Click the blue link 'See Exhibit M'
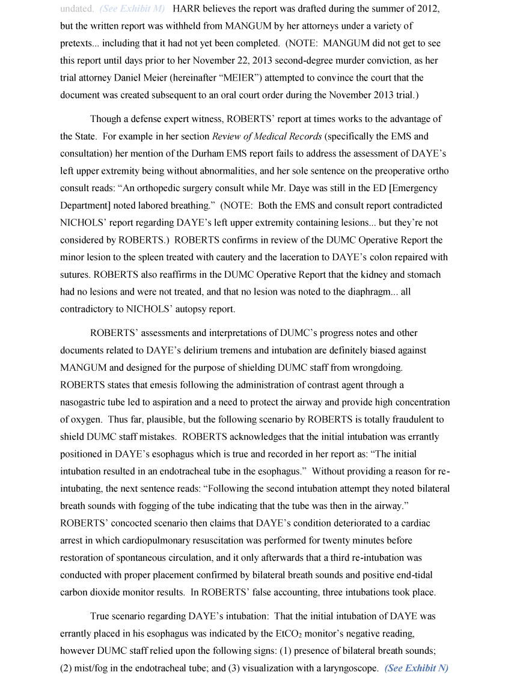(x=132, y=9)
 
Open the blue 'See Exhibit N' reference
(x=417, y=668)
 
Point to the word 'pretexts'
(x=77, y=43)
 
